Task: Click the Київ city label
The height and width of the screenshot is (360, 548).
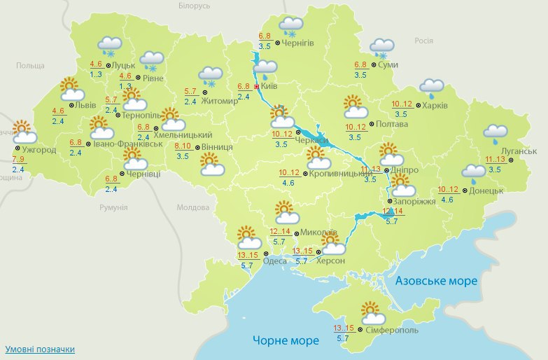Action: click(271, 87)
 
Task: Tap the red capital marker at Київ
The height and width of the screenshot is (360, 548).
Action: click(257, 87)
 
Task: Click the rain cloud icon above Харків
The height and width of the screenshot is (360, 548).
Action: click(432, 87)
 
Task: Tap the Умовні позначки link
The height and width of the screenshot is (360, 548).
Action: click(40, 349)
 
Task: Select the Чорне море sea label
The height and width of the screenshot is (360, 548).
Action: click(286, 340)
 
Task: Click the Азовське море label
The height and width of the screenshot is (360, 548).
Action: click(436, 281)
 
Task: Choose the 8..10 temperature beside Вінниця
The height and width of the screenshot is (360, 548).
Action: click(183, 146)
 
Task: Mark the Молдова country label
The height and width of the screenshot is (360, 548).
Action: click(193, 208)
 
